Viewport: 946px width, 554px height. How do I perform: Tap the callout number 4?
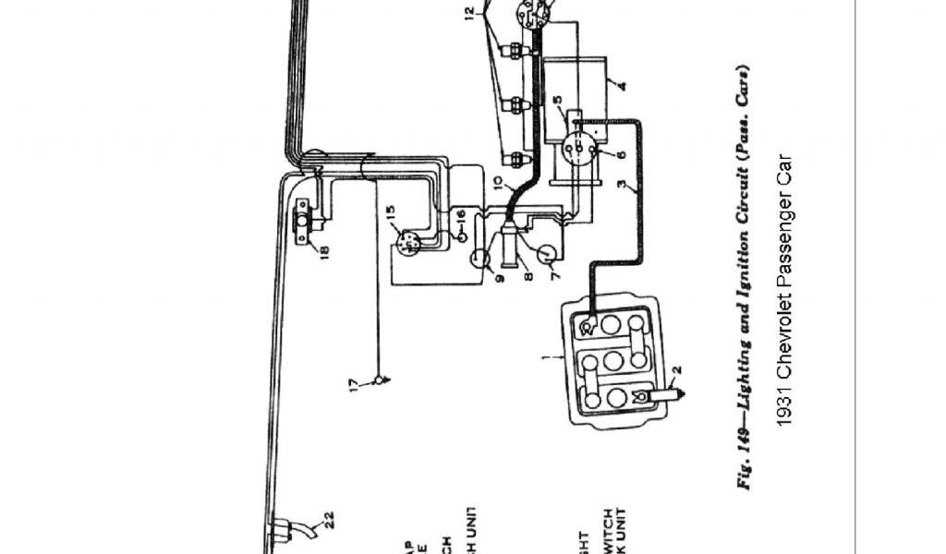(622, 87)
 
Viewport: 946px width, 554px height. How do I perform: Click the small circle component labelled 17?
(378, 380)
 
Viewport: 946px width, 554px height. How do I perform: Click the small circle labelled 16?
(460, 236)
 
